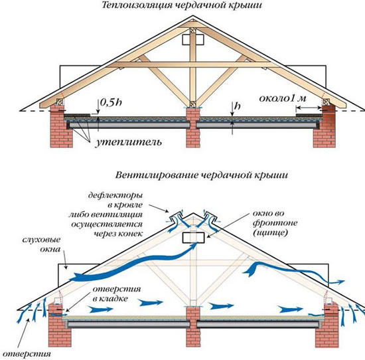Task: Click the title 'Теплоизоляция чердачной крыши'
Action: pyautogui.click(x=182, y=5)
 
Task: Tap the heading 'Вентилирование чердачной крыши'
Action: pyautogui.click(x=202, y=175)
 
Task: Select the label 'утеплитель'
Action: pyautogui.click(x=128, y=142)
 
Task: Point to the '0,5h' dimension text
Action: pyautogui.click(x=111, y=103)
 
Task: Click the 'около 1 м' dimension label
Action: pyautogui.click(x=283, y=98)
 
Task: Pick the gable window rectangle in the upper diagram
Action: pyautogui.click(x=193, y=40)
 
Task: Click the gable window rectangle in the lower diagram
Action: pyautogui.click(x=193, y=238)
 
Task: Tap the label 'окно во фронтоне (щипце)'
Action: pyautogui.click(x=275, y=223)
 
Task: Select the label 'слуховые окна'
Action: pyautogui.click(x=41, y=244)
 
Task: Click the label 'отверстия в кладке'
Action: pyautogui.click(x=117, y=294)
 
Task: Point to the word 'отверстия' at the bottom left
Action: pyautogui.click(x=27, y=354)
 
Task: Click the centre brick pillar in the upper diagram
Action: pyautogui.click(x=193, y=128)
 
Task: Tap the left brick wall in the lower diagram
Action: pyautogui.click(x=57, y=325)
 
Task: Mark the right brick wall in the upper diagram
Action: pyautogui.click(x=325, y=126)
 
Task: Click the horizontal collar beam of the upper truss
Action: pyautogui.click(x=193, y=64)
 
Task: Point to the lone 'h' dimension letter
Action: pyautogui.click(x=238, y=106)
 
